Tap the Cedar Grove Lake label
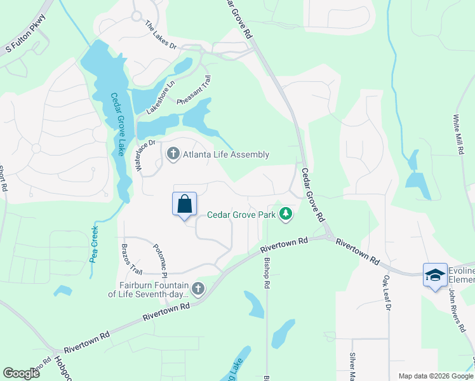pos(117,124)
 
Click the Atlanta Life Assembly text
pos(226,154)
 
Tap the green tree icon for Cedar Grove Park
pos(286,214)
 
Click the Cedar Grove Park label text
pos(241,215)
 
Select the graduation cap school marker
pos(435,274)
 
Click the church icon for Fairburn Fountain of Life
pos(198,289)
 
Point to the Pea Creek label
pos(95,244)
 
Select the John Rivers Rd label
pos(457,312)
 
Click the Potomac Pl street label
pos(159,260)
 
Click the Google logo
pos(21,373)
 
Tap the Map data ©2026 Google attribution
pos(435,376)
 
